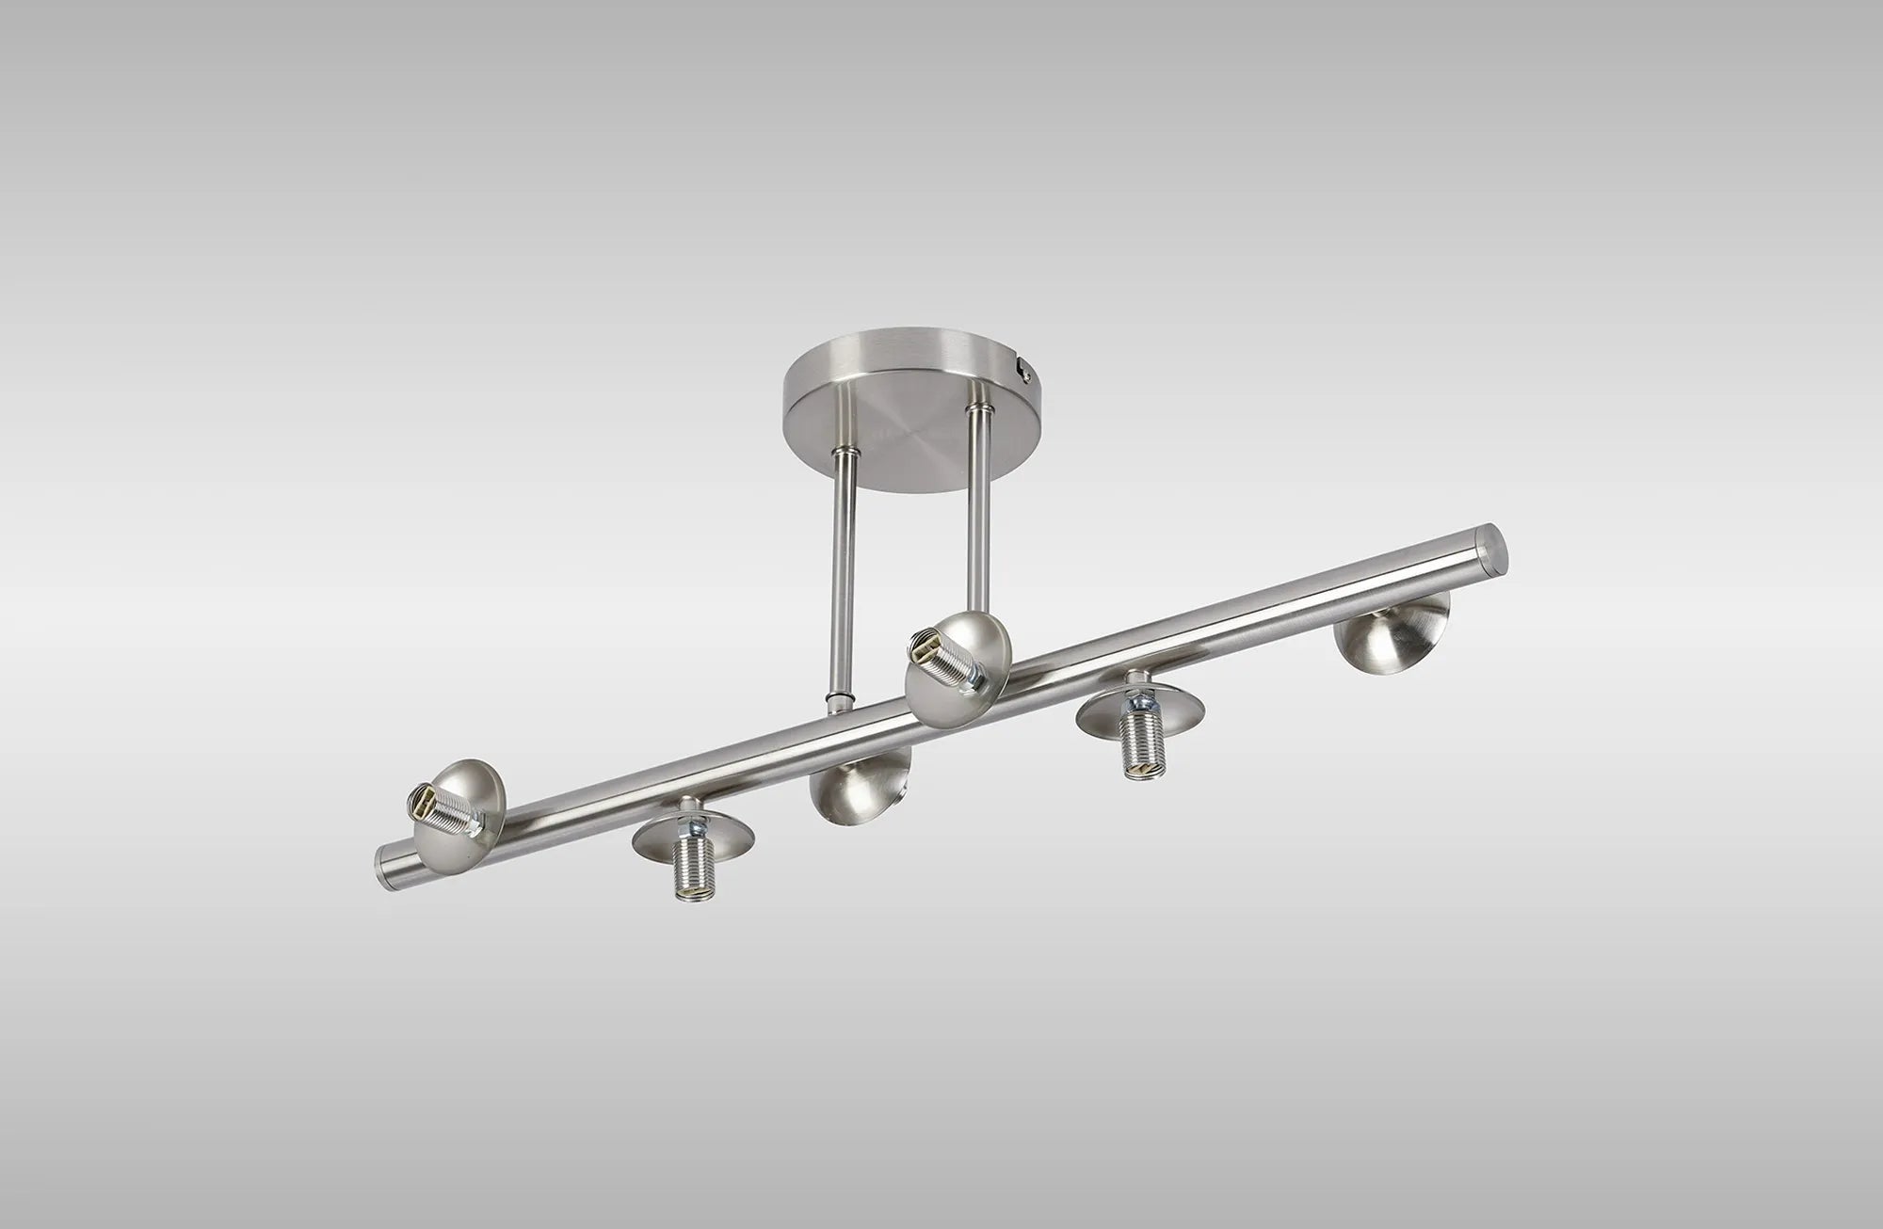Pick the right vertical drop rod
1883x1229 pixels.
pyautogui.click(x=980, y=508)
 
